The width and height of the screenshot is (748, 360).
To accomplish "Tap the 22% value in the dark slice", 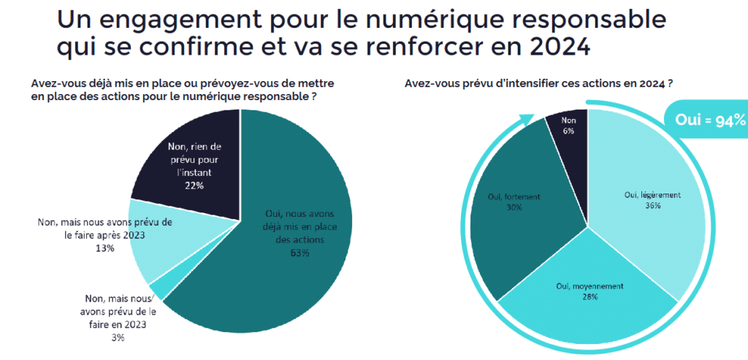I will [x=194, y=186].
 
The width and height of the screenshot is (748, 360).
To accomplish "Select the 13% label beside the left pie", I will [x=104, y=248].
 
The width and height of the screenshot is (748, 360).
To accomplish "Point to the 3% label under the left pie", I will [x=118, y=337].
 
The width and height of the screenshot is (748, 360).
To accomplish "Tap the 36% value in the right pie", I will [x=652, y=206].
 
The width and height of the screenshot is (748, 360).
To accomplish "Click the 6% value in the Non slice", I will [x=568, y=131].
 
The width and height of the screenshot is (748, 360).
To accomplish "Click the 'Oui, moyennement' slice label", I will [x=589, y=286].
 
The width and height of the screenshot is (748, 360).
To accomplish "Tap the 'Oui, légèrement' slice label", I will [x=652, y=195].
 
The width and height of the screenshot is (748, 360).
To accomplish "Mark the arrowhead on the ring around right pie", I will [x=524, y=117].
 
